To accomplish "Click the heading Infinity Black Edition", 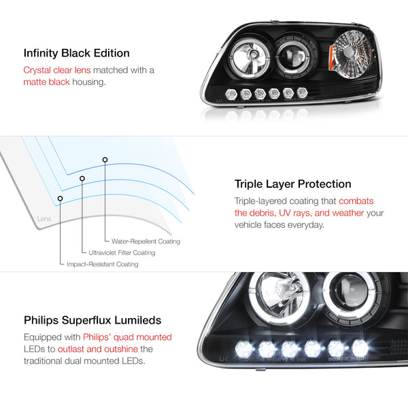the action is click(x=76, y=53).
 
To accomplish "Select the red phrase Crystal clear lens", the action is click(x=57, y=70).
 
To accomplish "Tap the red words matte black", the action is click(x=46, y=82).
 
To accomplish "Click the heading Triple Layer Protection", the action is click(x=292, y=184).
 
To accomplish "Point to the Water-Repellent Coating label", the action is click(x=146, y=241).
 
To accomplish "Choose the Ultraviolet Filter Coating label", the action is click(x=122, y=253).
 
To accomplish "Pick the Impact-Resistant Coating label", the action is click(x=103, y=264).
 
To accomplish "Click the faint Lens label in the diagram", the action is click(x=44, y=218).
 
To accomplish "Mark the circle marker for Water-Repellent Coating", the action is click(x=105, y=160).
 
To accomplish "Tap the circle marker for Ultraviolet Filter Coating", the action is click(x=82, y=178).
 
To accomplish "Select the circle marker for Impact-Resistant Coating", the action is click(x=60, y=199).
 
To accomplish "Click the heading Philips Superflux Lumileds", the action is click(x=92, y=320).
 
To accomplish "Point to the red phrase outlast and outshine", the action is click(x=98, y=349).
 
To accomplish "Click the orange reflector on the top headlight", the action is click(x=331, y=58).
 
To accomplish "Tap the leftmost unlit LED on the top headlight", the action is click(x=231, y=94).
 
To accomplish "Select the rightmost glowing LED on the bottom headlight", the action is click(x=360, y=347).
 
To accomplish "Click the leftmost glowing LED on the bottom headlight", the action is click(x=244, y=350).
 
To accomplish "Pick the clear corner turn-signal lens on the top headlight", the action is click(x=352, y=54).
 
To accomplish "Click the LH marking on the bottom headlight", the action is click(x=223, y=359).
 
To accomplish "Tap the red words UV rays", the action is click(x=294, y=213).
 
